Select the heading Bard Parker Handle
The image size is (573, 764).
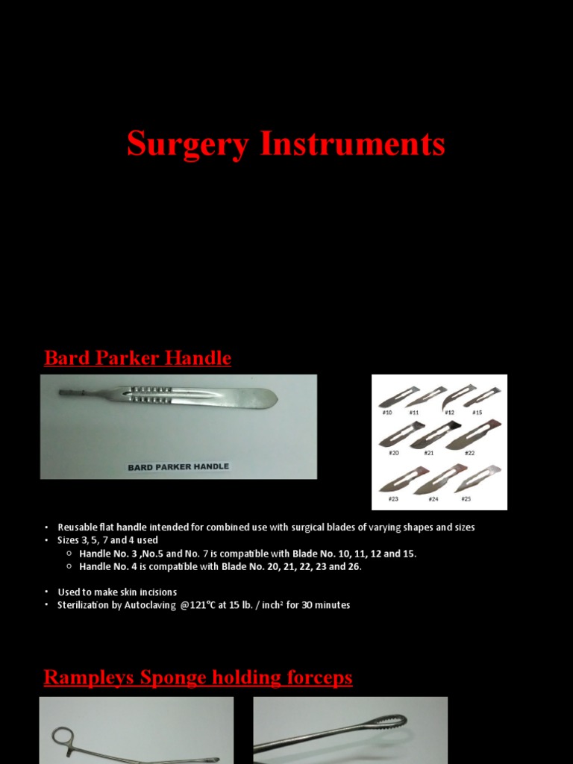(137, 358)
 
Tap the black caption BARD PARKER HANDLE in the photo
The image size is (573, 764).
(178, 467)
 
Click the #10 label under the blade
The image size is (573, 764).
(386, 412)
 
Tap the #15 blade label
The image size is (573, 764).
(477, 412)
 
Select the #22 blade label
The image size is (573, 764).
(469, 454)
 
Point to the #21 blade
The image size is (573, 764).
(428, 434)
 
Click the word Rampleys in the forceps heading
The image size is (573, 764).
(86, 677)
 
